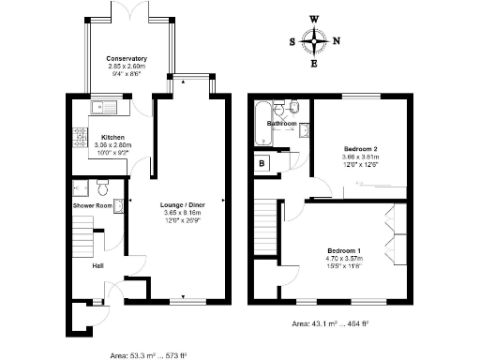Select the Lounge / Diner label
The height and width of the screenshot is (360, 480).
click(183, 204)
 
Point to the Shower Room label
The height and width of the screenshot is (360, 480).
click(93, 205)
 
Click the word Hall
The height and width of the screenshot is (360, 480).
click(97, 265)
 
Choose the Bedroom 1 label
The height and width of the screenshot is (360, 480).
click(343, 251)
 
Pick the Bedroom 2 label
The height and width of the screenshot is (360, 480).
click(360, 148)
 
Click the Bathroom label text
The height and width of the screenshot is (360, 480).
click(281, 124)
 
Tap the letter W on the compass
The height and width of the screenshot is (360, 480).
click(314, 19)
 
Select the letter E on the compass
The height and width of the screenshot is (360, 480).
click(314, 65)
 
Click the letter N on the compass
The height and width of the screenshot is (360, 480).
click(337, 41)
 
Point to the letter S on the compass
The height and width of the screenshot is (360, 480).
click(292, 41)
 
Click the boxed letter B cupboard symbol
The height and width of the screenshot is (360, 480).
click(261, 164)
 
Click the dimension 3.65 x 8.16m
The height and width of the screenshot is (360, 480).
click(183, 213)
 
